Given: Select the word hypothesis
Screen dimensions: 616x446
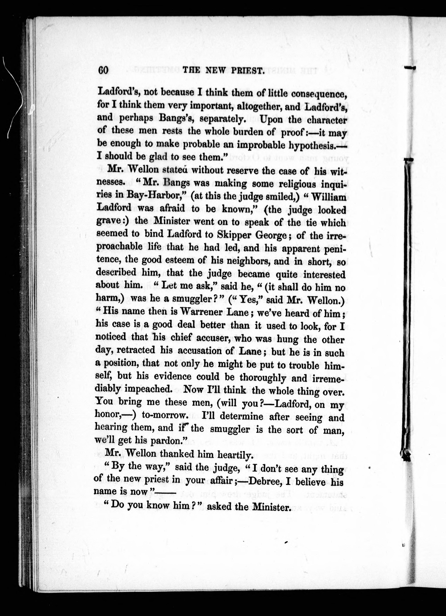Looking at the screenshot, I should coord(312,146).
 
